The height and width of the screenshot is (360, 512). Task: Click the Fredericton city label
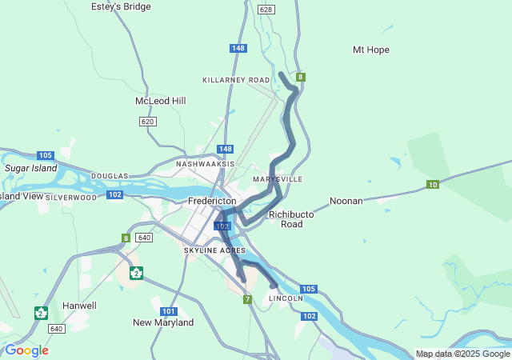(212, 201)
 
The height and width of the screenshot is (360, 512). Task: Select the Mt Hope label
(370, 50)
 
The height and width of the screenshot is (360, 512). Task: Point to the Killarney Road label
(236, 81)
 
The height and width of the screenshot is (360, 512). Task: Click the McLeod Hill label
(160, 101)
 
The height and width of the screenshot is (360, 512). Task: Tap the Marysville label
(278, 179)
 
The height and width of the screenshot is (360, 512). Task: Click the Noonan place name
(346, 202)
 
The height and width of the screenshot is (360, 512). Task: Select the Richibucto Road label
(286, 219)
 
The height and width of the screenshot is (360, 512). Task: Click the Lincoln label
(286, 298)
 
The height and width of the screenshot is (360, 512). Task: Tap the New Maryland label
(163, 322)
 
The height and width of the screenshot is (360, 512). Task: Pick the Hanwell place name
(79, 306)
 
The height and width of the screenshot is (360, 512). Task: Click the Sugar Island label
(31, 169)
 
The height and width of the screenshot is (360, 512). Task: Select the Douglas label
(110, 176)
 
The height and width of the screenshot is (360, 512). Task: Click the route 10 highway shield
(432, 185)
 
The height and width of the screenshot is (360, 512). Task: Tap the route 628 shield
(266, 10)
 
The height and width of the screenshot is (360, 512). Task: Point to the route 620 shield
(146, 122)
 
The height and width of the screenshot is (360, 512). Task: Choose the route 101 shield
(168, 311)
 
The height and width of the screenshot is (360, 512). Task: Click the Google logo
(26, 350)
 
